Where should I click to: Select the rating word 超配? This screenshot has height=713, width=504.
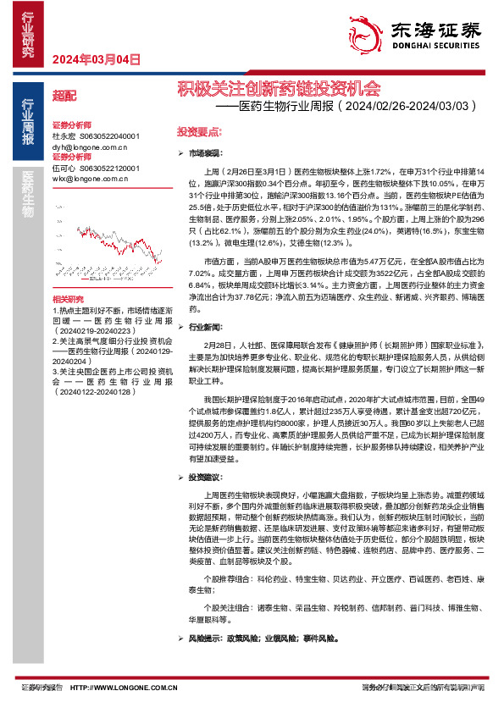click(64, 97)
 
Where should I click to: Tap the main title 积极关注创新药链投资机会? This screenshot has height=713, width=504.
click(278, 88)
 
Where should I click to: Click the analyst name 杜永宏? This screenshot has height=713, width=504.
click(64, 135)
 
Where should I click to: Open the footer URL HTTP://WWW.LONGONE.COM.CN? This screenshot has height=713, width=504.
click(124, 688)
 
